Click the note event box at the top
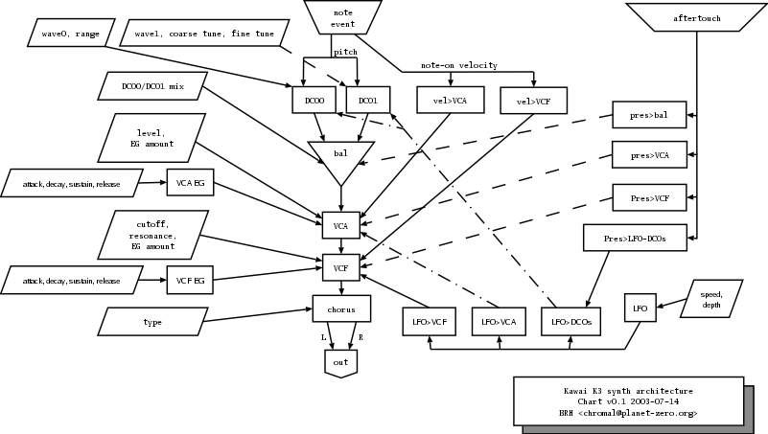[x=342, y=17]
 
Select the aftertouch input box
[x=697, y=16]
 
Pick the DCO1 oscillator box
[x=367, y=100]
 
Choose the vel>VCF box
[x=533, y=100]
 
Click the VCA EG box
[x=189, y=181]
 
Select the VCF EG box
[x=189, y=281]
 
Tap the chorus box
[x=340, y=308]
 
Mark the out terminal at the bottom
[x=340, y=362]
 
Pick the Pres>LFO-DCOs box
[x=636, y=238]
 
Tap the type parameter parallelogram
[x=152, y=321]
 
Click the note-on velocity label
[x=459, y=65]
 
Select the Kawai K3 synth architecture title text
[x=628, y=392]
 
